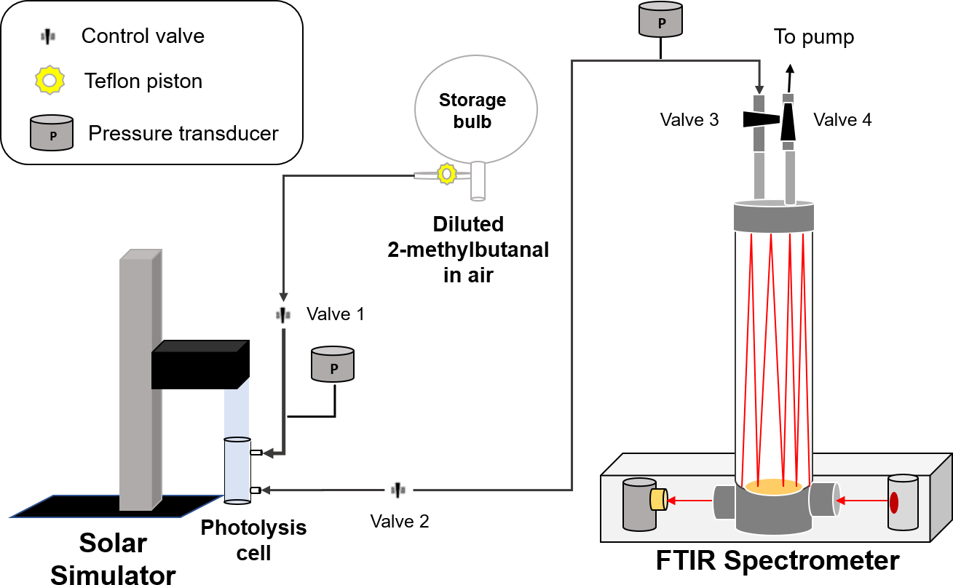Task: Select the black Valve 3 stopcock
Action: click(x=757, y=119)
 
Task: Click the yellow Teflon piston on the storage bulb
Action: click(x=446, y=174)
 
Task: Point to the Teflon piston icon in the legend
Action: click(x=49, y=80)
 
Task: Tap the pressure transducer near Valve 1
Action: click(x=333, y=365)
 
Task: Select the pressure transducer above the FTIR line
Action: click(x=660, y=20)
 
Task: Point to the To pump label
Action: click(x=813, y=37)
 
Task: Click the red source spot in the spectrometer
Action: click(x=894, y=502)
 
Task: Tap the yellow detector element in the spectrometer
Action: click(x=658, y=499)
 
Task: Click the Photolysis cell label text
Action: click(x=253, y=539)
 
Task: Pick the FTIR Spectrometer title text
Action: click(x=778, y=561)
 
